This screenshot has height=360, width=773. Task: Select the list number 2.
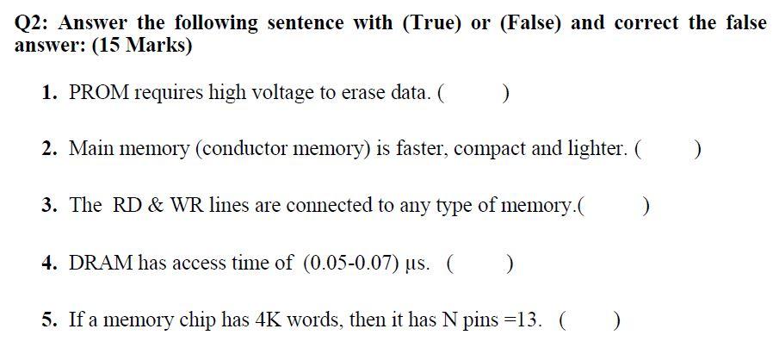(50, 148)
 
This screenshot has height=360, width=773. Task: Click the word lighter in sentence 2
(596, 148)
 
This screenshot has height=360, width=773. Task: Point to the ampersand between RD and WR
(156, 205)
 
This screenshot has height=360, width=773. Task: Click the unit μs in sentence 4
(420, 264)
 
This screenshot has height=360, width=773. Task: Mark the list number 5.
(50, 320)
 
